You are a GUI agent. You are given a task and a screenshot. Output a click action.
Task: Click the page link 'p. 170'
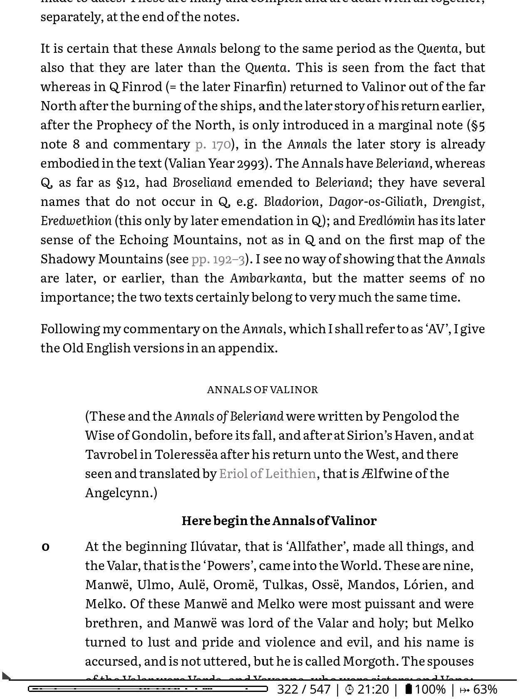(x=213, y=144)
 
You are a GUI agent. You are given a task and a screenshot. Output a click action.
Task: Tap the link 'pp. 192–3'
(x=218, y=259)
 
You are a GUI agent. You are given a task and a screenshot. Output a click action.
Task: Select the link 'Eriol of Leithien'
(x=267, y=473)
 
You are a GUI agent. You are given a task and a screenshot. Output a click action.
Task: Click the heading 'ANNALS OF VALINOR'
(x=263, y=390)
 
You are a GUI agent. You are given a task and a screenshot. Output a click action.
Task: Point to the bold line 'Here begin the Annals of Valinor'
(x=279, y=521)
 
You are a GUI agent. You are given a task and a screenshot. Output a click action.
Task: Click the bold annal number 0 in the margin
(x=46, y=547)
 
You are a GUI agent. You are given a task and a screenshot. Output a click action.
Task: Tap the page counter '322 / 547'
(x=304, y=689)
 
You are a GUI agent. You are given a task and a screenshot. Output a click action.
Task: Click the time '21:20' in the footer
(x=373, y=689)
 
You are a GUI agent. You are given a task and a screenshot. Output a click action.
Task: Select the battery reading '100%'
(x=430, y=689)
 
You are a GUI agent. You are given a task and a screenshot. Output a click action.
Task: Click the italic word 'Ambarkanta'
(x=266, y=278)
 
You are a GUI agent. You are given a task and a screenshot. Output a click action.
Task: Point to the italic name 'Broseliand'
(x=202, y=183)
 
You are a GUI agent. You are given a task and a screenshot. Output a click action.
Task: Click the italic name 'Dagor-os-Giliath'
(x=375, y=202)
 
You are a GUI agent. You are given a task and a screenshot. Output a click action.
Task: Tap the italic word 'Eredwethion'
(x=76, y=221)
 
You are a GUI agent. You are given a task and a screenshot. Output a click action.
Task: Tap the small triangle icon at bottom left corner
(x=6, y=676)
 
